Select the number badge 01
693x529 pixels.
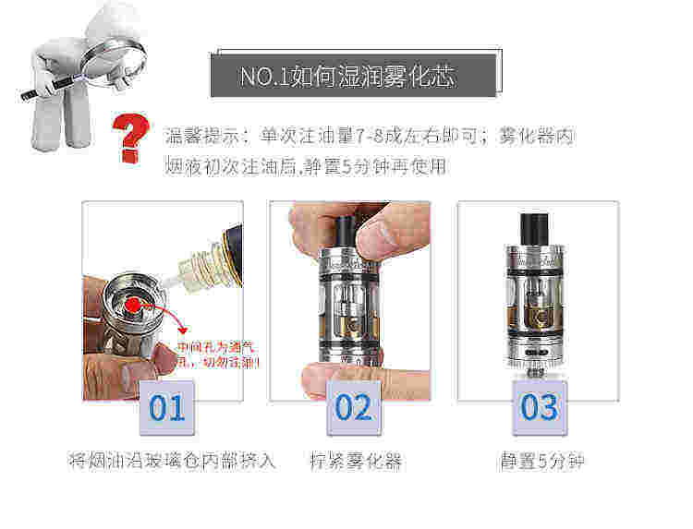click(x=167, y=406)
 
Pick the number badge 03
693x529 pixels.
click(x=540, y=406)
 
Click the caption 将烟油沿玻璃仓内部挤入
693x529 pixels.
click(x=172, y=460)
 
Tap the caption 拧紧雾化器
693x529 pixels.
click(x=355, y=460)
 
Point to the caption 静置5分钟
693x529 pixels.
click(x=541, y=460)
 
